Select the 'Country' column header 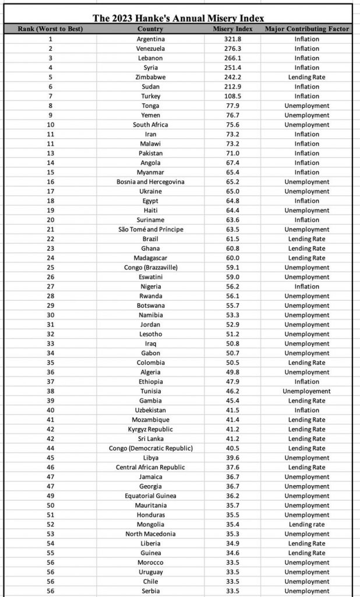[150, 29]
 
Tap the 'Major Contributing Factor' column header [307, 29]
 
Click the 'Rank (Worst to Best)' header [51, 29]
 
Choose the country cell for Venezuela [150, 48]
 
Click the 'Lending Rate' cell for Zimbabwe [307, 77]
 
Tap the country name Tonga [150, 106]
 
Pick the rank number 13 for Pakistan [51, 153]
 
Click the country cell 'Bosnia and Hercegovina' [150, 182]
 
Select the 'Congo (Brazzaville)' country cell [150, 268]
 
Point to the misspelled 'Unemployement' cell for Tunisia [307, 391]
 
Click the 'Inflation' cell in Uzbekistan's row [307, 410]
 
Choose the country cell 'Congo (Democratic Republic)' [150, 448]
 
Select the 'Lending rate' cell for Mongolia [307, 525]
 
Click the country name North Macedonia [150, 534]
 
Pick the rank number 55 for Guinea [51, 553]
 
